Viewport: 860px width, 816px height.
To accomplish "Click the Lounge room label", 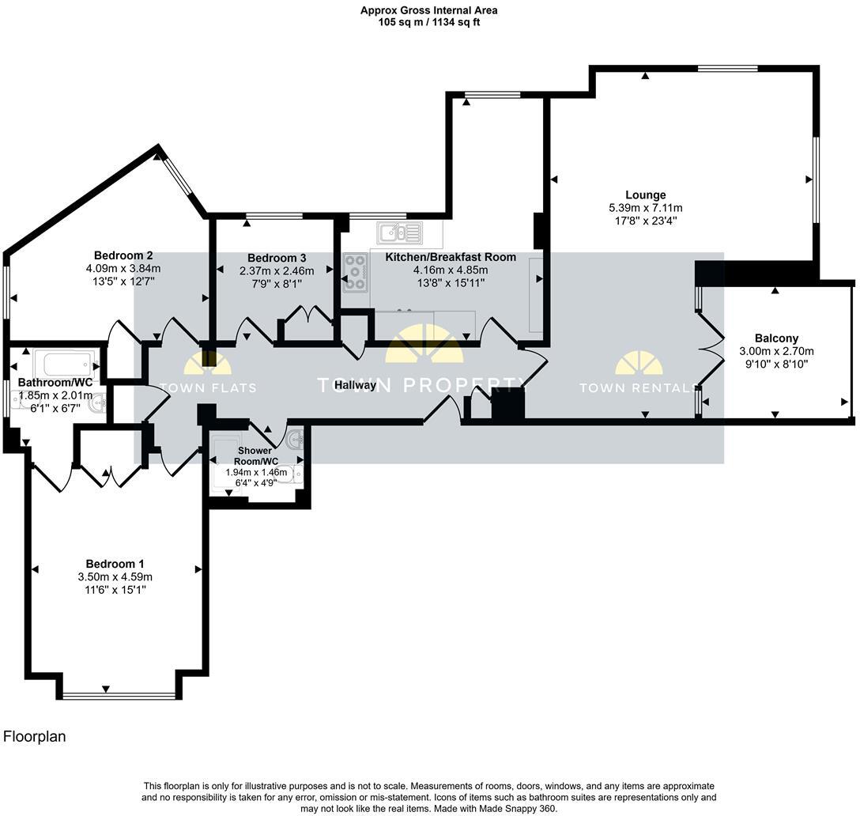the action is coord(646,195).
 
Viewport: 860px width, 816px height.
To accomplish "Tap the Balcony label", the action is coord(776,338).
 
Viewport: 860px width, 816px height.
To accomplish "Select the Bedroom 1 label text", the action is coord(115,564).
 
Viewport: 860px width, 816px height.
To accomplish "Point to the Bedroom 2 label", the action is coord(123,255).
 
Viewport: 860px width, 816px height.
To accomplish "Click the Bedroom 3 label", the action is coord(277,258).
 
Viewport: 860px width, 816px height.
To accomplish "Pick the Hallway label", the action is coord(356,385).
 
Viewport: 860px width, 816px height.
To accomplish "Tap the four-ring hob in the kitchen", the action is coord(356,272).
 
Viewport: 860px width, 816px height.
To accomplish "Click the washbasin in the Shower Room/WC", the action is coord(295,439).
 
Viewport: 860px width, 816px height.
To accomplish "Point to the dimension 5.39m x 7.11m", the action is coord(646,208).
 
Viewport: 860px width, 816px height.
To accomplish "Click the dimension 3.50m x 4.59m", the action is coord(115,576).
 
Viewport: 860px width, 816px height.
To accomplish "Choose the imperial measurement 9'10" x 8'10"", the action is coord(776,365).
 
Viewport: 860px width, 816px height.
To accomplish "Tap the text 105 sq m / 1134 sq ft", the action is coord(429,22).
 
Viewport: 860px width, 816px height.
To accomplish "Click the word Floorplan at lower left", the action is coord(35,736).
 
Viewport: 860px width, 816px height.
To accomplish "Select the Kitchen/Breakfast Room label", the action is coord(451,257).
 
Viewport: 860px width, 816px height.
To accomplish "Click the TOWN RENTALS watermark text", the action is coord(639,388).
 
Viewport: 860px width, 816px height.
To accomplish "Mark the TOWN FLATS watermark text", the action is coord(208,388).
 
